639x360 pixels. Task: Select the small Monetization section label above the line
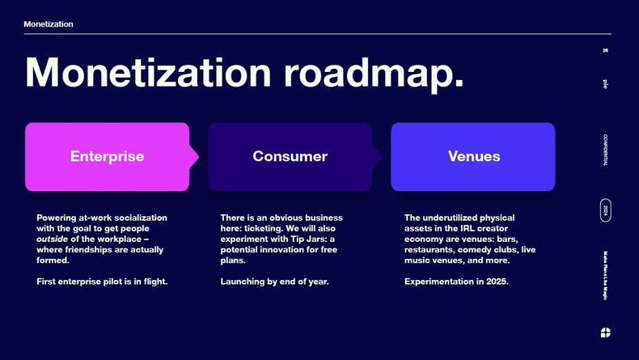pos(49,24)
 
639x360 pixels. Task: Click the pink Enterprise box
pos(107,156)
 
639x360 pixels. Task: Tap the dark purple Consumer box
pos(290,156)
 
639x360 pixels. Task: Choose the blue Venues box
pos(473,156)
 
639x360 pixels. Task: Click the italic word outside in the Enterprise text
pos(53,239)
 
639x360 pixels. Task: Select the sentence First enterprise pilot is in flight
pos(102,282)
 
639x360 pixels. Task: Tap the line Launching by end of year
pos(275,282)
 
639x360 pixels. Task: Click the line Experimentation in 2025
pos(456,282)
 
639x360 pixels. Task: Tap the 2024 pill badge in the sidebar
pos(605,211)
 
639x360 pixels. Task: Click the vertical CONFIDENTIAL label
pos(605,150)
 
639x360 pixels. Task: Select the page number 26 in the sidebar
pos(605,51)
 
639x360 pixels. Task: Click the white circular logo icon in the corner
pos(606,332)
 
